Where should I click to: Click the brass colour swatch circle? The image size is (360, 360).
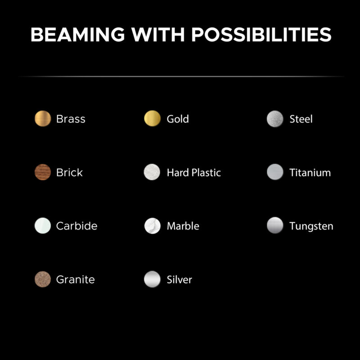point(43,118)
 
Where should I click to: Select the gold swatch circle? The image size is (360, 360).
point(152,118)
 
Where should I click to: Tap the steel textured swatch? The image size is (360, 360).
point(275,119)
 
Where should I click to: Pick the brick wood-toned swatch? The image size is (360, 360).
point(43,172)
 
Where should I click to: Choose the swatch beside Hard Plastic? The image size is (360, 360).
point(152,172)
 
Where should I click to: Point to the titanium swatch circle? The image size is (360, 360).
point(275,172)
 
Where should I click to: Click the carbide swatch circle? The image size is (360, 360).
point(43,225)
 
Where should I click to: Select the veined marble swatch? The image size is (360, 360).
point(152,226)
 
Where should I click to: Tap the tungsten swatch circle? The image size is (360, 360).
point(275,225)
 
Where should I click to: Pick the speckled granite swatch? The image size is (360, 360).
point(43,279)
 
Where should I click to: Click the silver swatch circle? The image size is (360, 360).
point(152,279)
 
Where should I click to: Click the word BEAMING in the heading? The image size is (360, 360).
point(77,35)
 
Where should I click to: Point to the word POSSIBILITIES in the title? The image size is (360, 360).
point(261,35)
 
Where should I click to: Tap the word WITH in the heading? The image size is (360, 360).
point(158,35)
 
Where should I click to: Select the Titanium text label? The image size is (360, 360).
point(310,173)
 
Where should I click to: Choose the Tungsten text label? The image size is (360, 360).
point(311,226)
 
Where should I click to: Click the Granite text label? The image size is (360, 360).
point(75,279)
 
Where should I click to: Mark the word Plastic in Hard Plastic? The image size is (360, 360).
point(206,173)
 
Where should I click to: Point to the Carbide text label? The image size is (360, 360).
point(76,226)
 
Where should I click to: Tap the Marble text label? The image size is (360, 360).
point(183,226)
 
